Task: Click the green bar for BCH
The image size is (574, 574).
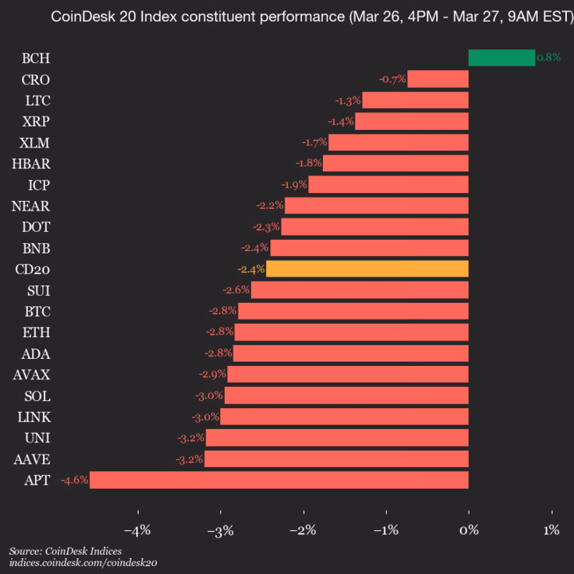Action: pyautogui.click(x=501, y=57)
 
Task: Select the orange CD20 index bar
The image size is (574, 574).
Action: pyautogui.click(x=367, y=269)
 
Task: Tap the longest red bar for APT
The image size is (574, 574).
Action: pyautogui.click(x=279, y=480)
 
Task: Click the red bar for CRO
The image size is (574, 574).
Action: pyautogui.click(x=438, y=79)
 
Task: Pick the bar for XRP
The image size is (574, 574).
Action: pyautogui.click(x=411, y=121)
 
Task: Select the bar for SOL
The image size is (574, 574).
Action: pyautogui.click(x=346, y=395)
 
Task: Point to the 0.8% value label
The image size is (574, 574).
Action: pyautogui.click(x=548, y=57)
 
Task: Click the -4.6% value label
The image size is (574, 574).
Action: pyautogui.click(x=74, y=480)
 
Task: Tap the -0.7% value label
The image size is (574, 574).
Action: pyautogui.click(x=393, y=79)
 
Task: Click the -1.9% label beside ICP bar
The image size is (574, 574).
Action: pyautogui.click(x=294, y=185)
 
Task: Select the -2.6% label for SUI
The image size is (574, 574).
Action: pyautogui.click(x=237, y=290)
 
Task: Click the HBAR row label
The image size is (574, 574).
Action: pyautogui.click(x=30, y=163)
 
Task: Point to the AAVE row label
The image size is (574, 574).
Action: pyautogui.click(x=31, y=459)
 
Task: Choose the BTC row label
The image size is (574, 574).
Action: pyautogui.click(x=35, y=311)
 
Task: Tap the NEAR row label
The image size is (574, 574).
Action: pyautogui.click(x=31, y=206)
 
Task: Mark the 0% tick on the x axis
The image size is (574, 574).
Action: pyautogui.click(x=469, y=530)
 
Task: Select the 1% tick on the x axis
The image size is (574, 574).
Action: pyautogui.click(x=551, y=530)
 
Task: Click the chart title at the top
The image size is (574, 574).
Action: pyautogui.click(x=287, y=16)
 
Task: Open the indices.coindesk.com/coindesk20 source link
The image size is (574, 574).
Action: pyautogui.click(x=83, y=563)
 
